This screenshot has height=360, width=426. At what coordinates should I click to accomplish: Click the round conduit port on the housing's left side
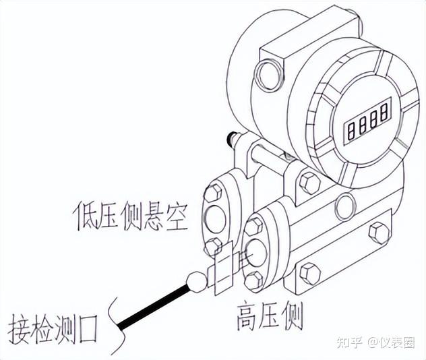(268, 76)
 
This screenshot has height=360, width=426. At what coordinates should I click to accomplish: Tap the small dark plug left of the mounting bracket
(233, 140)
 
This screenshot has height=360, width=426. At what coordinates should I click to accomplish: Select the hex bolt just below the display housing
(309, 181)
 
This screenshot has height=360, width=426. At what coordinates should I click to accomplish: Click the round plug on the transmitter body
(345, 207)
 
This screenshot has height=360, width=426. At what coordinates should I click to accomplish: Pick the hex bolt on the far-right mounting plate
(379, 233)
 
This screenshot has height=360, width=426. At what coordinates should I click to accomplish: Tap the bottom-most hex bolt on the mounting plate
(310, 274)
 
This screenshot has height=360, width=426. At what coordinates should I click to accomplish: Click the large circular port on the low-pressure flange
(216, 219)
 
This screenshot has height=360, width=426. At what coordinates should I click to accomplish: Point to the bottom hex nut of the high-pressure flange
(254, 280)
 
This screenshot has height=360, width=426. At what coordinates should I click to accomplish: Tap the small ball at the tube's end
(197, 281)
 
